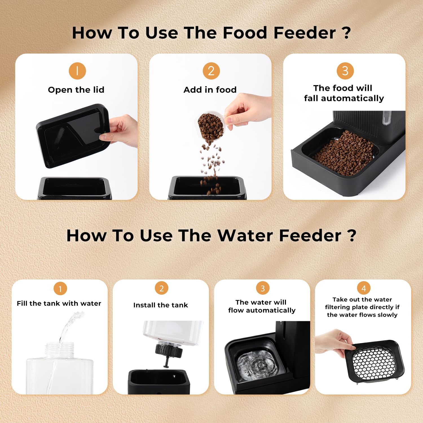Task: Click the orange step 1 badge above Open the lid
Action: pos(77,71)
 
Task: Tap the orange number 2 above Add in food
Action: pos(211,71)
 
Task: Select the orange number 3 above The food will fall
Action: pos(345,71)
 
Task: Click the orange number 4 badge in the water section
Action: pos(364,288)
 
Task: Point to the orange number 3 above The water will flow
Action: pos(263,288)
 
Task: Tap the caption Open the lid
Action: pos(76,90)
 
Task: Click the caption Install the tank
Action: pos(160,305)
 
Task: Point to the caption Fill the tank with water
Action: pos(59,303)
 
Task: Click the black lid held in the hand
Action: pos(73,135)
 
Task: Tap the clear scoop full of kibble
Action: pos(211,127)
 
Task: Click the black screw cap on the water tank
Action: pos(169,350)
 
